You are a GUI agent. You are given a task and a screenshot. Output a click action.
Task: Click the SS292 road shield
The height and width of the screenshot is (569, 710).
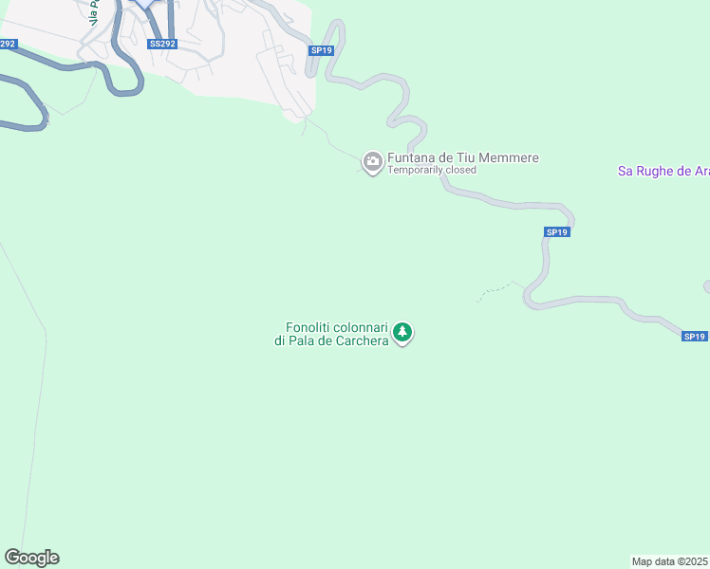point(162,44)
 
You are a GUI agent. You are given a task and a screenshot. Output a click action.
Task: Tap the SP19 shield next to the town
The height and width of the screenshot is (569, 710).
point(321,51)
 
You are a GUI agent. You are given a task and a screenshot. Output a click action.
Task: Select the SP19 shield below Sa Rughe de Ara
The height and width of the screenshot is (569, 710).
point(557,232)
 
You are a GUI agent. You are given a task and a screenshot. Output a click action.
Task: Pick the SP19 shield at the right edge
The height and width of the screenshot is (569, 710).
point(695,336)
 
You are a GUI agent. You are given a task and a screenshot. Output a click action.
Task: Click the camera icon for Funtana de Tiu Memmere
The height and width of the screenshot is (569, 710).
point(373,162)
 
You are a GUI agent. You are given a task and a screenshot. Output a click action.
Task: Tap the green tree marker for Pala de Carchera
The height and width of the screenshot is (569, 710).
point(403,333)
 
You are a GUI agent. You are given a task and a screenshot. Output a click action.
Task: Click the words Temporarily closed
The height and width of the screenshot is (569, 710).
point(432,171)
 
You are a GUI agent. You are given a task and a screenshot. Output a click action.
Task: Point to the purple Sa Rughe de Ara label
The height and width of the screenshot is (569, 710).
point(663,171)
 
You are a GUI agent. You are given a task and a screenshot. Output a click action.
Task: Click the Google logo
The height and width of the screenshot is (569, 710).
point(31,558)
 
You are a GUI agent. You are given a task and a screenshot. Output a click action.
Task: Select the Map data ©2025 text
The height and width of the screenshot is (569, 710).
point(670,561)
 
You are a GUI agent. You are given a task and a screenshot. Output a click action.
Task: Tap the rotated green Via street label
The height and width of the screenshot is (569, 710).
point(94,11)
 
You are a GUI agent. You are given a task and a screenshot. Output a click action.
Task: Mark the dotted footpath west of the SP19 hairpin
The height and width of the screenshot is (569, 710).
point(494,290)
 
